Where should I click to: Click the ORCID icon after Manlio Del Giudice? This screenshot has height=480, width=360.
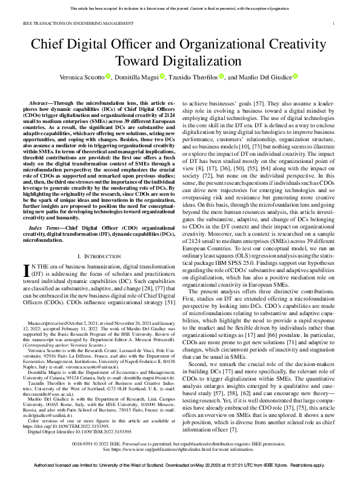click(x=295, y=76)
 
